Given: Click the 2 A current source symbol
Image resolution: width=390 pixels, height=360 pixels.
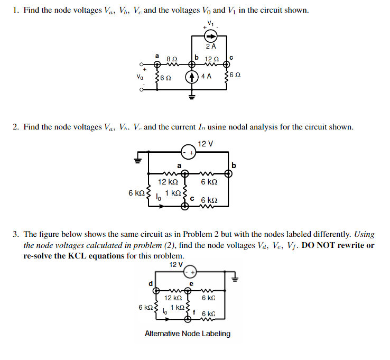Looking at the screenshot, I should pyautogui.click(x=210, y=36).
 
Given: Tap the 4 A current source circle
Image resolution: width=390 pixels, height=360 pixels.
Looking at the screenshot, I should pyautogui.click(x=192, y=76).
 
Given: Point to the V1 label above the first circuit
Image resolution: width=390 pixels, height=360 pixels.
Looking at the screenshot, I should pyautogui.click(x=211, y=23).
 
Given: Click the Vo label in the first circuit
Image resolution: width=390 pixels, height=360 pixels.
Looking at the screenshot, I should pyautogui.click(x=140, y=76).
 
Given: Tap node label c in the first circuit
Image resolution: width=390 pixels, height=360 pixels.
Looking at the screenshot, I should pyautogui.click(x=231, y=57).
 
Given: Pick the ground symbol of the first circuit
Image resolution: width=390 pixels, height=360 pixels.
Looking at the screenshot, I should pyautogui.click(x=192, y=96).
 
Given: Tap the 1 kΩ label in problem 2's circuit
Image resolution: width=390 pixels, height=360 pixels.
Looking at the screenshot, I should pyautogui.click(x=172, y=193).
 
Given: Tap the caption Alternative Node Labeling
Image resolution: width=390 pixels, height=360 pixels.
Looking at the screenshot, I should pyautogui.click(x=188, y=334).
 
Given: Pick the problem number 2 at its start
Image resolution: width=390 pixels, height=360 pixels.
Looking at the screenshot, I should pyautogui.click(x=16, y=127).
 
